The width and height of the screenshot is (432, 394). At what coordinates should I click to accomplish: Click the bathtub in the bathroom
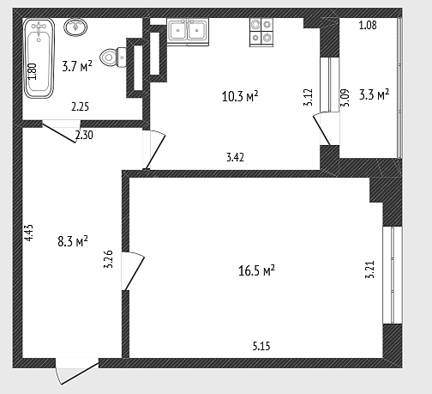[39, 58]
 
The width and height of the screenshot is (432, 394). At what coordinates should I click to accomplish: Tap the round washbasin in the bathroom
[75, 27]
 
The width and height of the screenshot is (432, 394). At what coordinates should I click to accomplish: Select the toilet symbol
[112, 58]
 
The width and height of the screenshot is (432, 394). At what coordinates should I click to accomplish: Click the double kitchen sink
[188, 32]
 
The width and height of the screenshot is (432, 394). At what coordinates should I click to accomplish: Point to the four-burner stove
[261, 32]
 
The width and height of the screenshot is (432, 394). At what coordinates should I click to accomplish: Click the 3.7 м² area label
[77, 67]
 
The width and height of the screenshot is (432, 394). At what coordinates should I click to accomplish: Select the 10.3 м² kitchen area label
[240, 96]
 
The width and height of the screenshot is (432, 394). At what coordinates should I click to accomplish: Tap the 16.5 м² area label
[256, 270]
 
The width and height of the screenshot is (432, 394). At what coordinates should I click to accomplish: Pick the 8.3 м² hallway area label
[73, 241]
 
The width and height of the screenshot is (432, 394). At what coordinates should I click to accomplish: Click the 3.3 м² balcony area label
[374, 94]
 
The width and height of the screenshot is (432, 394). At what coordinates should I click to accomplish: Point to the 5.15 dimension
[261, 346]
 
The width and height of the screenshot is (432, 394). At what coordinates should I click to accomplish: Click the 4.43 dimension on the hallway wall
[29, 233]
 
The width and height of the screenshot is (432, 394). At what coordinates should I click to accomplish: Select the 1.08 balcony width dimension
[368, 25]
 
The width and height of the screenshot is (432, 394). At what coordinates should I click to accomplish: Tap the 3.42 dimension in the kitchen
[235, 157]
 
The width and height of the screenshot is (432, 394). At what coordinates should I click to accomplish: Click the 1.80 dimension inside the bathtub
[32, 71]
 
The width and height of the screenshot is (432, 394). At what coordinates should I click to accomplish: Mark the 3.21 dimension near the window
[369, 270]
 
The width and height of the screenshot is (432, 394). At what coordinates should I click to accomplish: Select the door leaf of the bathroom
[59, 133]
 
